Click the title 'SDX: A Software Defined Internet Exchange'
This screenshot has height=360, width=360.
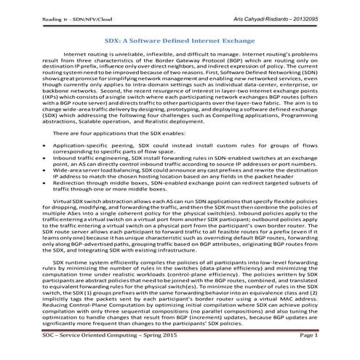pyautogui.click(x=180, y=42)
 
